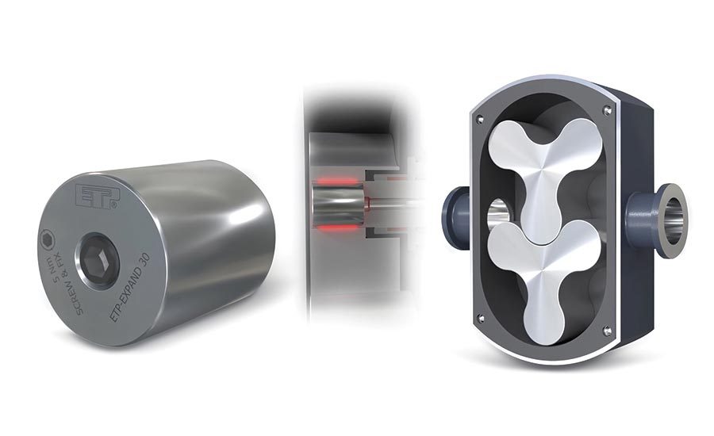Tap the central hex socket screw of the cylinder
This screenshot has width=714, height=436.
(x=99, y=261)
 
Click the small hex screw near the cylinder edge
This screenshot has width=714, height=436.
(x=50, y=238)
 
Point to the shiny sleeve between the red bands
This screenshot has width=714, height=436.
(x=333, y=206)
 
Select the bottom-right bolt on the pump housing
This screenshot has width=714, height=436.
(x=607, y=330)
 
